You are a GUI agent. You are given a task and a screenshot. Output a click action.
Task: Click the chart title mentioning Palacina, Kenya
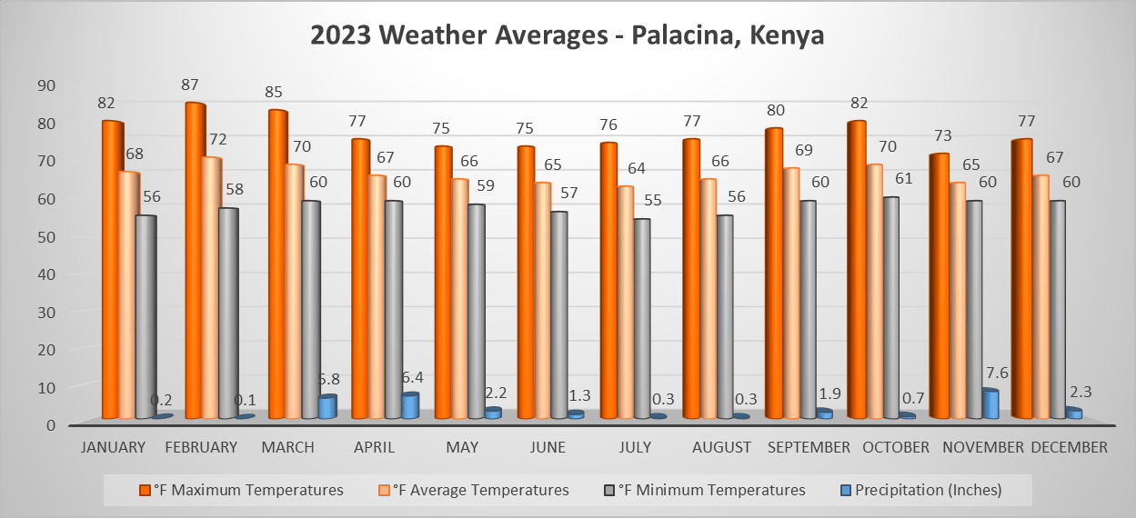(567, 36)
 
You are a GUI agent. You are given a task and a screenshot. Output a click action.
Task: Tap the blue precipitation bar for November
(990, 404)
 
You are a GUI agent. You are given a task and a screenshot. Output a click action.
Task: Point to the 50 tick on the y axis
(46, 235)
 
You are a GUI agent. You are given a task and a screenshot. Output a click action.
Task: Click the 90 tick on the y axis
(46, 85)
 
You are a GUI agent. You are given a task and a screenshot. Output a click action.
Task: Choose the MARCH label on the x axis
(287, 447)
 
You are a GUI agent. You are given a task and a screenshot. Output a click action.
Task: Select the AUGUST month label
(721, 447)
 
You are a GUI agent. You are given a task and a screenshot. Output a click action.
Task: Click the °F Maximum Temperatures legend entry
(248, 490)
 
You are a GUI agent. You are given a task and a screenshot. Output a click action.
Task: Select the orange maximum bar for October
(856, 270)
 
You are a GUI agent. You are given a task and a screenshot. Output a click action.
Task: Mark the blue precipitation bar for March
(327, 407)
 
